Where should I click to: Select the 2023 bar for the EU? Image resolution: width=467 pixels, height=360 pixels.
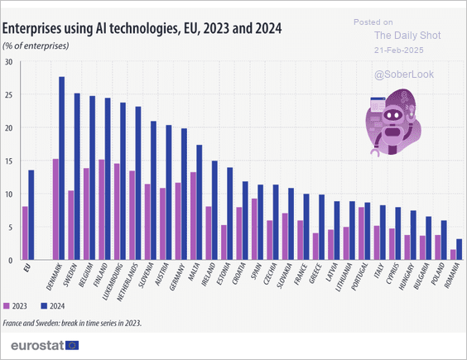(25, 233)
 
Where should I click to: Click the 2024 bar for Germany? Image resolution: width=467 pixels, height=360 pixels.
(183, 194)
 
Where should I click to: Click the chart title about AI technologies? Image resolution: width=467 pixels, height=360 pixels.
(142, 29)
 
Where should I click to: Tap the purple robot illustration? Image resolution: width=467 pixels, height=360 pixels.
(392, 125)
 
